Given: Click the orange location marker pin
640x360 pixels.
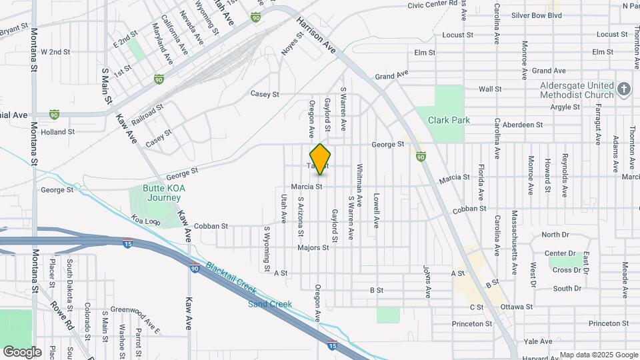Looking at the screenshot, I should pyautogui.click(x=321, y=159).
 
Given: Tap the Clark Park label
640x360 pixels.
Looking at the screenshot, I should pyautogui.click(x=449, y=120).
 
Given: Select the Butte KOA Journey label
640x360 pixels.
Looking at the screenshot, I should pyautogui.click(x=162, y=193).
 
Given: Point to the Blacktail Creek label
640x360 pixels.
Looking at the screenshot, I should pyautogui.click(x=231, y=277).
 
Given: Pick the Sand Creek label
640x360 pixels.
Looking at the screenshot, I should pyautogui.click(x=270, y=304).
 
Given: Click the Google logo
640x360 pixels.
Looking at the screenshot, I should pyautogui.click(x=22, y=351).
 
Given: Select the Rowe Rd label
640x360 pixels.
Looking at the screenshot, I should pyautogui.click(x=62, y=315).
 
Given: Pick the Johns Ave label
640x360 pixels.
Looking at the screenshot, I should pyautogui.click(x=425, y=281).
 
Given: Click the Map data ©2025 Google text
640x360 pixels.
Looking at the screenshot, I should pyautogui.click(x=598, y=355).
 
